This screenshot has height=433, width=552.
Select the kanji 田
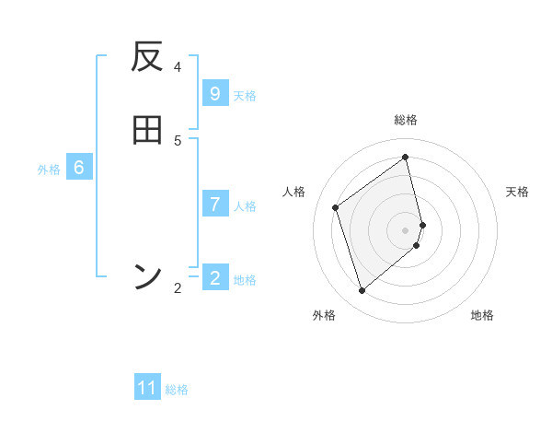click(147, 130)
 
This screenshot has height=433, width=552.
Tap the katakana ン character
click(147, 275)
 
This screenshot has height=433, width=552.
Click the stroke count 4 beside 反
click(178, 66)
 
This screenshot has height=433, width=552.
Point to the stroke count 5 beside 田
click(178, 140)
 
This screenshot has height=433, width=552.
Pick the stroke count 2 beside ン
click(178, 288)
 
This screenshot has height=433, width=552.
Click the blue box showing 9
click(215, 93)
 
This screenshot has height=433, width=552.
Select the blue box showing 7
click(215, 204)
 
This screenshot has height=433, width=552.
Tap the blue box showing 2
click(215, 277)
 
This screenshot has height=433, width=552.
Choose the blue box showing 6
click(79, 168)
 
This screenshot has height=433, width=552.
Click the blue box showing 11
click(147, 388)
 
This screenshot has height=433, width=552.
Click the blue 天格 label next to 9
click(245, 95)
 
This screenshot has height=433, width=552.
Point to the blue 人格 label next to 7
click(245, 205)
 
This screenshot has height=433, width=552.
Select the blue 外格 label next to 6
click(49, 170)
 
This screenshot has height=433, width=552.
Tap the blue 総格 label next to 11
click(177, 390)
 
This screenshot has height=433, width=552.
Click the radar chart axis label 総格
click(406, 120)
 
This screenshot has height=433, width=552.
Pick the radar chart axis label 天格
click(518, 192)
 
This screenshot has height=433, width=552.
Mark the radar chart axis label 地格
click(482, 315)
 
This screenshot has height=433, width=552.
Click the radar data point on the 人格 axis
click(336, 207)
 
